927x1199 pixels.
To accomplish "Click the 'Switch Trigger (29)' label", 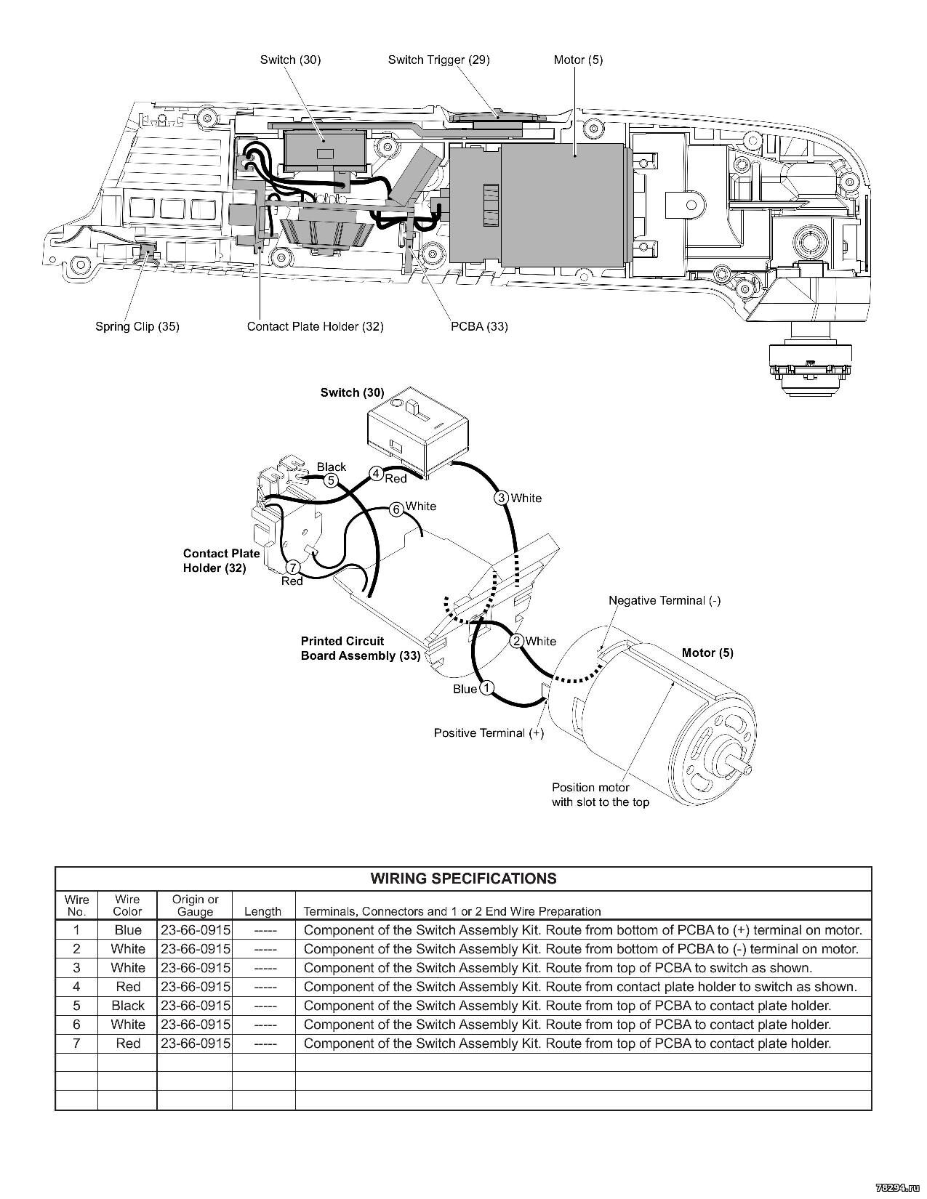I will coord(438,60).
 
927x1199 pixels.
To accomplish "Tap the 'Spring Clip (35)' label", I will coord(137,326).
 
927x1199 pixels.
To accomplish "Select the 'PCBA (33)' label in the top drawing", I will coord(479,326).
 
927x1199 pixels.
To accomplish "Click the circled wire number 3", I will coord(502,498).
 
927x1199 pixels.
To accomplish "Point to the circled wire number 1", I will coord(487,687).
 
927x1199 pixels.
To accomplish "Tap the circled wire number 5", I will coord(330,480).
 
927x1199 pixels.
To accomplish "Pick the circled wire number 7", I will coord(293,568).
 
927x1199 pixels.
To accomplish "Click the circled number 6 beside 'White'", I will coord(396,509).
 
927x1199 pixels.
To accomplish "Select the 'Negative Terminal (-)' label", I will coord(664,600).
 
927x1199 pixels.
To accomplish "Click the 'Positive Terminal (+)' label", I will coord(489,732).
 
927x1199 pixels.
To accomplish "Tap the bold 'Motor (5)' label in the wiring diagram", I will coord(707,653).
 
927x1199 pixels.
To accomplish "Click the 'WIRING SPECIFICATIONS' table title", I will coord(463,879).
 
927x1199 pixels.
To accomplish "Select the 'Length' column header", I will coord(262,911).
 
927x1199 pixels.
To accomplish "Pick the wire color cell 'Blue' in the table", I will coord(128,930).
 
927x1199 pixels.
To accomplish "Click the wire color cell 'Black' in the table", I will coord(128,1006).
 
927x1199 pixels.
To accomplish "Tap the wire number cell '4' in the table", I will coord(76,987).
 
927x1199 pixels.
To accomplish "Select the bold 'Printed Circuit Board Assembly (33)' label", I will coord(360,648).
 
